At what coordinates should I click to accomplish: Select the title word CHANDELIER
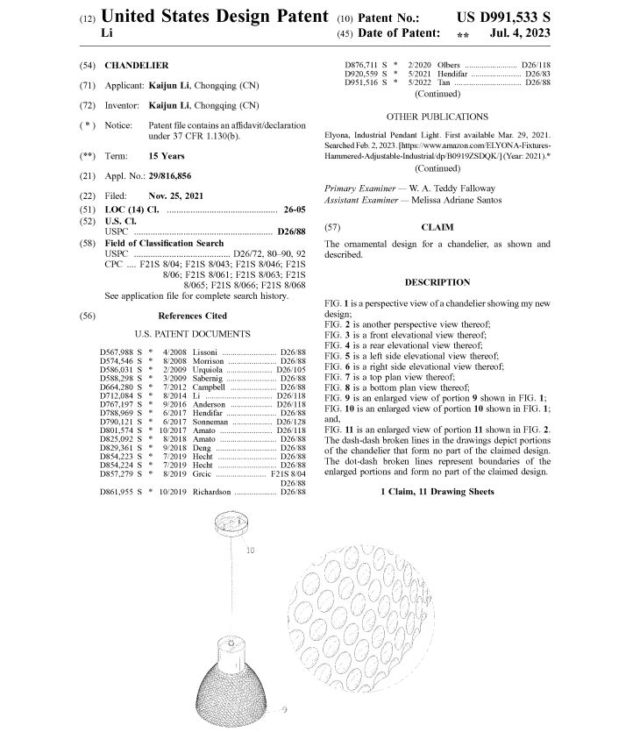pos(137,65)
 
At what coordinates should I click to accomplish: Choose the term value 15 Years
pos(167,155)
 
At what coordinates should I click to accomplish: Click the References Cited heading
pos(192,316)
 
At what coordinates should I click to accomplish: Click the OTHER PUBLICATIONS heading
pos(437,116)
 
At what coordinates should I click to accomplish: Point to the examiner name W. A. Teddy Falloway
pos(450,188)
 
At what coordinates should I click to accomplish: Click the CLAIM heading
pos(437,226)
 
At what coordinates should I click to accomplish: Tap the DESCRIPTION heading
pos(437,282)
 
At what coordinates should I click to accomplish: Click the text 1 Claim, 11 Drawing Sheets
pos(437,492)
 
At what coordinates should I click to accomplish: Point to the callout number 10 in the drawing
pos(250,551)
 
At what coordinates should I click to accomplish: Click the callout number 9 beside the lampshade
pos(286,708)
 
